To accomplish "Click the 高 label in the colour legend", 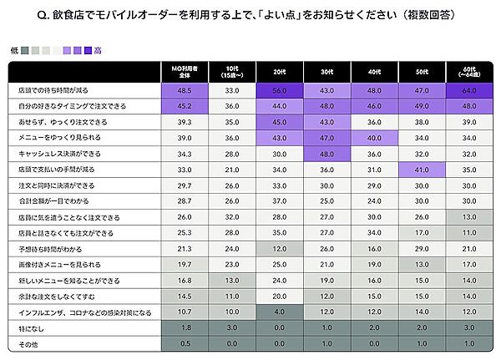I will tap(99, 51).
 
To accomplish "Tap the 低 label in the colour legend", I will tap(14, 51).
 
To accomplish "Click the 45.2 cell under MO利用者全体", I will tap(185, 105).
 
